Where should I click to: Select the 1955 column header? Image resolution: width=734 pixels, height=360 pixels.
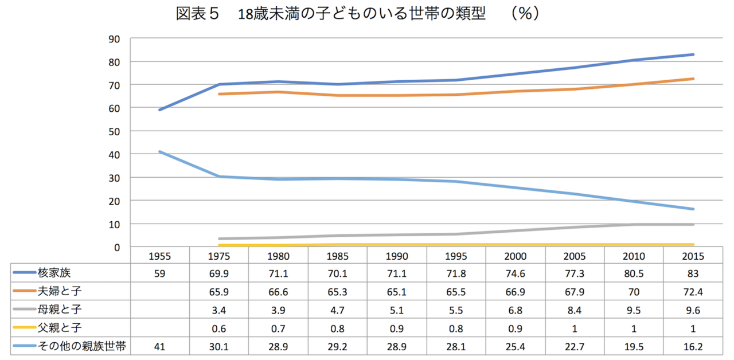tap(159, 256)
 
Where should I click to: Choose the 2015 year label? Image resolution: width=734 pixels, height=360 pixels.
tap(693, 256)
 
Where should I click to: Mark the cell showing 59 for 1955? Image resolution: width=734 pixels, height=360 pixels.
tap(159, 273)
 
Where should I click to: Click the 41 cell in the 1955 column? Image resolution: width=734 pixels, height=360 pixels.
tap(159, 346)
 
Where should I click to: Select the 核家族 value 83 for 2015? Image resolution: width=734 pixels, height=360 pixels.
tap(693, 273)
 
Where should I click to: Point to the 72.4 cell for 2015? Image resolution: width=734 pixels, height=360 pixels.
tap(693, 291)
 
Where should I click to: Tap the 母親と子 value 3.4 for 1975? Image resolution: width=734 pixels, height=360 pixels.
tap(219, 310)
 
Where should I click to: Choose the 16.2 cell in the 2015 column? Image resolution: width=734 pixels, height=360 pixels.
tap(693, 346)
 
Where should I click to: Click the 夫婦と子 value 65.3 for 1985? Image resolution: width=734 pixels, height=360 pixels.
tap(338, 291)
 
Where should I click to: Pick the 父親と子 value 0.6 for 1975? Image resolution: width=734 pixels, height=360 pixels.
tap(219, 328)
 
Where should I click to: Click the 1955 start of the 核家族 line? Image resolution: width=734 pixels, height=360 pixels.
tap(159, 109)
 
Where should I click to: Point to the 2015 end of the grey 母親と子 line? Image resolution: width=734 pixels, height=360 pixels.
tap(693, 225)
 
